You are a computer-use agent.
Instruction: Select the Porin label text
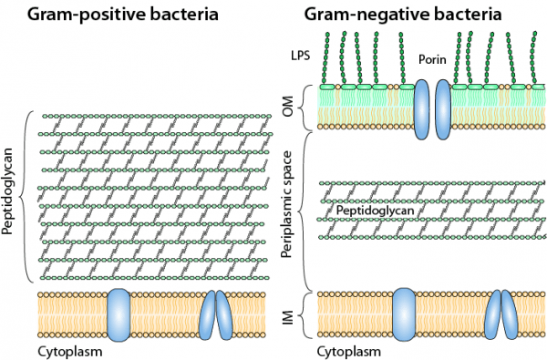pos(431,60)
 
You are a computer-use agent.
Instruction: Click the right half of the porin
pos(443,108)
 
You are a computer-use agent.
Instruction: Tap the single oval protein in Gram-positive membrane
pos(119,314)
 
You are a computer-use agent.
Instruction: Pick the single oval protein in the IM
pos(405,314)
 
